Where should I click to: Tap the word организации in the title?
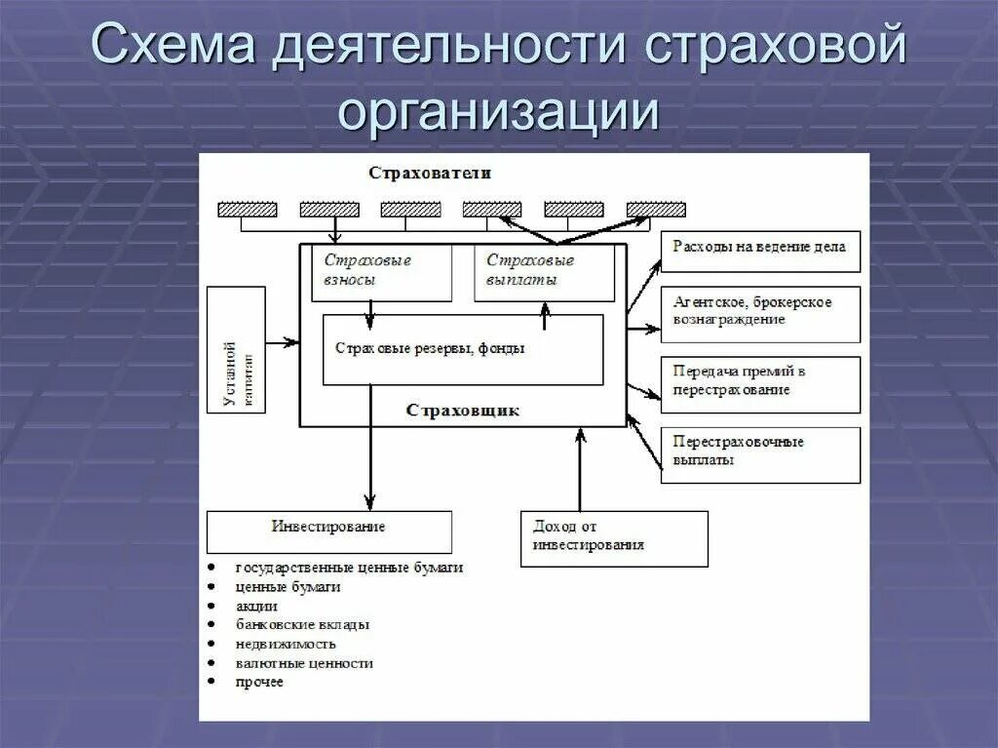point(498,110)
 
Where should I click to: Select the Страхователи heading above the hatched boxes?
point(430,173)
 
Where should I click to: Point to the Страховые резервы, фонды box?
point(463,349)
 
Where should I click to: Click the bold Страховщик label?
point(463,411)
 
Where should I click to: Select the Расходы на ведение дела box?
point(760,248)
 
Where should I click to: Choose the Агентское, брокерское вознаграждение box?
point(760,313)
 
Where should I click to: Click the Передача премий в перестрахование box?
point(760,383)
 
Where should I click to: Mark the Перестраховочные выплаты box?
point(760,453)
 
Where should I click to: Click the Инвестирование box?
point(328,531)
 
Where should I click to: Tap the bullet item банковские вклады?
point(302,624)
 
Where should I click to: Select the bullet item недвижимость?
point(286,644)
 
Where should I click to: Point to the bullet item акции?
point(256,606)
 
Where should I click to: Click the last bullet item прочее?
point(259,682)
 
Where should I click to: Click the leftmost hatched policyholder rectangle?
point(247,209)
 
